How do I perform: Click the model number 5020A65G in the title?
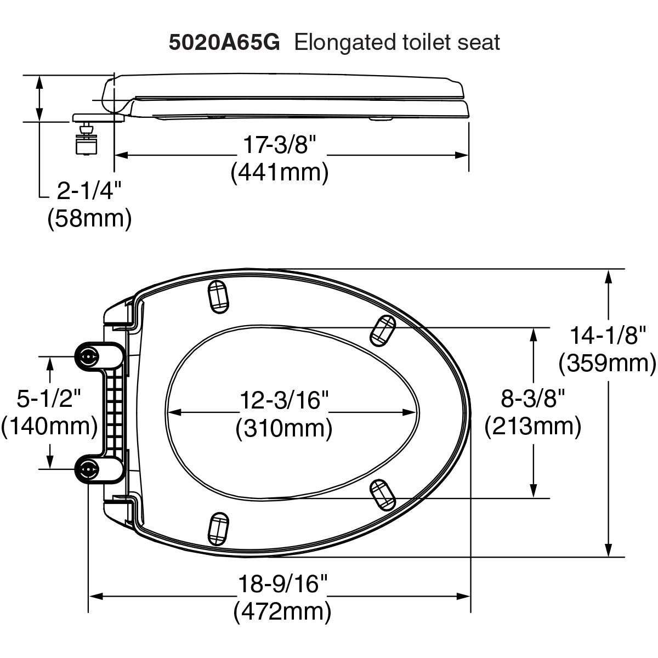tap(224, 42)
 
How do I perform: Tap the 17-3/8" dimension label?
tap(280, 146)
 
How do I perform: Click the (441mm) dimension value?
tap(280, 173)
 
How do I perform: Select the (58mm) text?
tap(89, 218)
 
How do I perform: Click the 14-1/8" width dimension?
tap(608, 335)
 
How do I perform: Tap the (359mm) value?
tap(608, 362)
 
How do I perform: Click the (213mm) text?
tap(532, 426)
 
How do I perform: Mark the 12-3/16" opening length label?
tap(283, 400)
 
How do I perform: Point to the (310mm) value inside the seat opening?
tap(284, 428)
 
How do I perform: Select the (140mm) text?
tap(49, 426)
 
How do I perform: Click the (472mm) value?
tap(282, 611)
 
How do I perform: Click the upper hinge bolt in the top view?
tap(88, 356)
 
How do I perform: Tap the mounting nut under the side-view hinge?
tap(86, 145)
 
